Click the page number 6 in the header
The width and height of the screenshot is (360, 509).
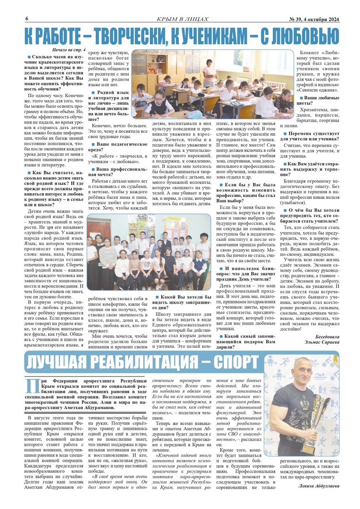pyautogui.click(x=27, y=18)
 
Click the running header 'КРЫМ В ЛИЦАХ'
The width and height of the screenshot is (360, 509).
pyautogui.click(x=182, y=19)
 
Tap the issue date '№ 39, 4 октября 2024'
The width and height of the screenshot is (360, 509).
pyautogui.click(x=311, y=19)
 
